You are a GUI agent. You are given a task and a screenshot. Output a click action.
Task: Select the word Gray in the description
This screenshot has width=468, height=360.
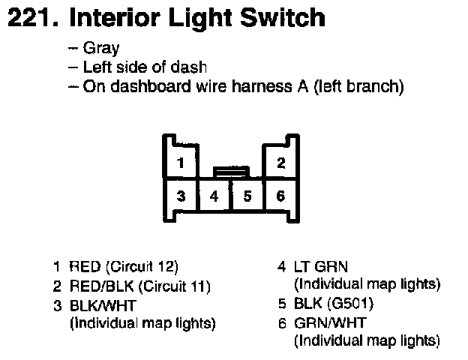(x=101, y=49)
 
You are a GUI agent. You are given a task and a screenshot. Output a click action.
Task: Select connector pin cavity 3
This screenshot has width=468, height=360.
(x=181, y=196)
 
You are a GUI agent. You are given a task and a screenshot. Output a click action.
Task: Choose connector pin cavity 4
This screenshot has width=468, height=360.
(x=214, y=196)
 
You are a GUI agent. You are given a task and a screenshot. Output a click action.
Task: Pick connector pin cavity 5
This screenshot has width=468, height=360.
(x=247, y=196)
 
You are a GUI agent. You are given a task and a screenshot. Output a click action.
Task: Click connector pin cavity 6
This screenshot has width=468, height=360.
(x=280, y=196)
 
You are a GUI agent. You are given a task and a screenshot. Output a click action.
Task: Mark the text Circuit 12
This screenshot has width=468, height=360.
(x=143, y=266)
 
